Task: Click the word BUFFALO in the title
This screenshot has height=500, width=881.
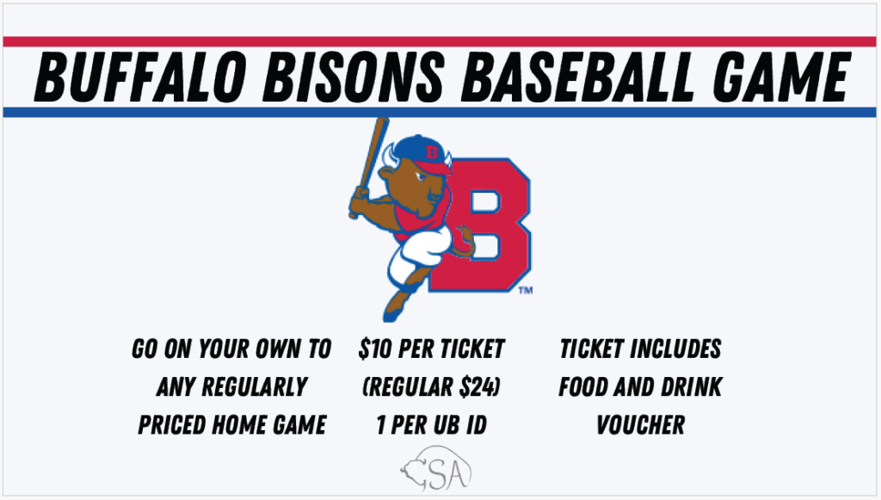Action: (x=140, y=77)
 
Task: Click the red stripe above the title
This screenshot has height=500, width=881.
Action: (x=440, y=41)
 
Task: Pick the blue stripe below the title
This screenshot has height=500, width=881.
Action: (x=440, y=113)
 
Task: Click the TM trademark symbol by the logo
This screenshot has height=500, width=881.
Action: (x=526, y=290)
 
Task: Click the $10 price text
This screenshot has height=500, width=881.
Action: (x=374, y=349)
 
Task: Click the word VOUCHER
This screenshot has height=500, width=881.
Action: (x=640, y=425)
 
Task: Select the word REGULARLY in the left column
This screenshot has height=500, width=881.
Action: (x=255, y=387)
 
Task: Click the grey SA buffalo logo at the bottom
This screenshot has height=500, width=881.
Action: (x=436, y=469)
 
